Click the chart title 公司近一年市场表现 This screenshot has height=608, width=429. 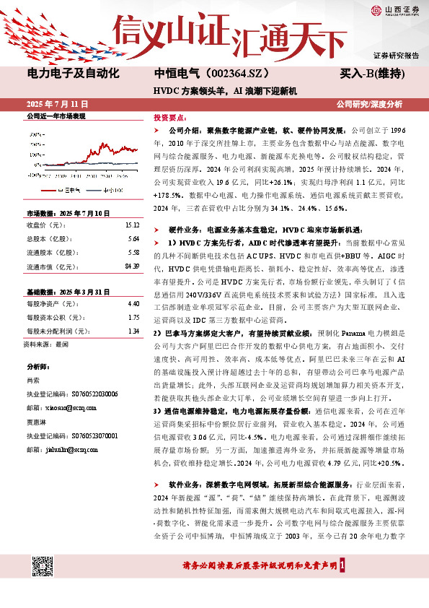(x=56, y=116)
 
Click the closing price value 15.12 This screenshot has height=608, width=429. (x=132, y=224)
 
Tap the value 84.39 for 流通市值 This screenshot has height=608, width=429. (x=131, y=266)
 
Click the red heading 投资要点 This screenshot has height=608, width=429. (x=169, y=116)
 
